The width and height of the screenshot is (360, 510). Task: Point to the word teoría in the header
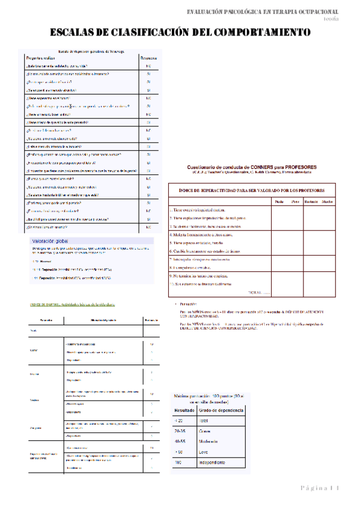347,19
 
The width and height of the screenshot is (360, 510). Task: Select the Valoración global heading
49,241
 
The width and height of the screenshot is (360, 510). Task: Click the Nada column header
279,201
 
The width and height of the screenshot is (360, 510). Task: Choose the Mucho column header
328,201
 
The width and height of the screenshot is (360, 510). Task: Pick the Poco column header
295,201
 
